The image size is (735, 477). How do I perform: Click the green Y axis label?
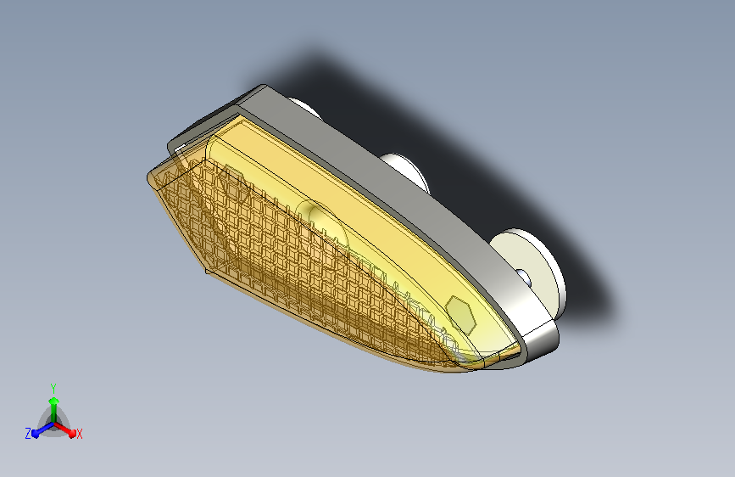53,388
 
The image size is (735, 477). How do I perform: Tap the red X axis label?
79,434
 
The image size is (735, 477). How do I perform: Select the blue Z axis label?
28,434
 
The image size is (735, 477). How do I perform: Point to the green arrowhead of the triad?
54,401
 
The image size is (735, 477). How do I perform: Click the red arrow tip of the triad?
72,433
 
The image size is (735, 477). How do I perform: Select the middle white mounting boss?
406,171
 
